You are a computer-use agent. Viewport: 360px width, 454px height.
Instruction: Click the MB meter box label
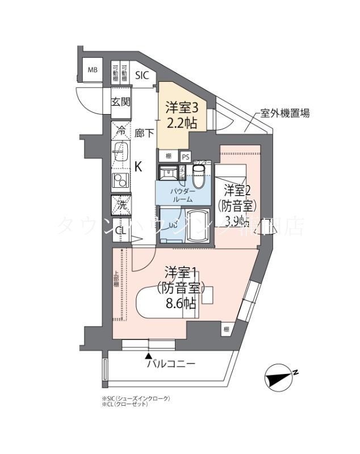[x=92, y=70]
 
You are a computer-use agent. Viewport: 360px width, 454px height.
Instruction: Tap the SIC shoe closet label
[x=142, y=75]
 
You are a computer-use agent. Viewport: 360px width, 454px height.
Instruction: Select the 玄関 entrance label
[x=120, y=102]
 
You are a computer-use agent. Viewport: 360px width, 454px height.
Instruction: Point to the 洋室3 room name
[x=182, y=107]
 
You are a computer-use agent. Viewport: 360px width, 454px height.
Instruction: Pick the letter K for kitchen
[x=138, y=167]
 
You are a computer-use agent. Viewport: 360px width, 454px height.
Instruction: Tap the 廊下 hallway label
[x=144, y=134]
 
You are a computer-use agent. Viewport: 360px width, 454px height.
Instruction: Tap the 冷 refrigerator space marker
[x=120, y=129]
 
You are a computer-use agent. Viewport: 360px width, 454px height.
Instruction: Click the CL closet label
[x=120, y=230]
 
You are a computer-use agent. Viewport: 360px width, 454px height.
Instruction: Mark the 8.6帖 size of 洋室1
[x=181, y=303]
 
